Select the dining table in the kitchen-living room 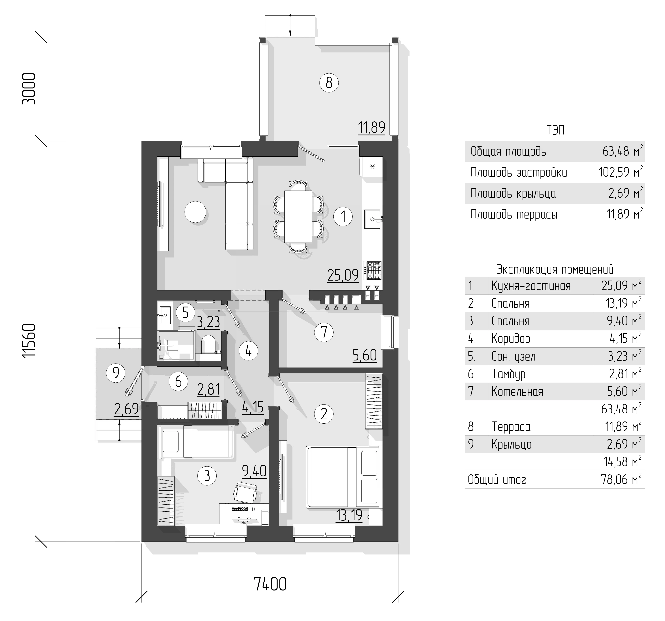[298, 216]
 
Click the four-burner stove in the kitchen [374, 270]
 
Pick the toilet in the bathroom [208, 344]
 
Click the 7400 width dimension [270, 584]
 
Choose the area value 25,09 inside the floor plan [343, 275]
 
